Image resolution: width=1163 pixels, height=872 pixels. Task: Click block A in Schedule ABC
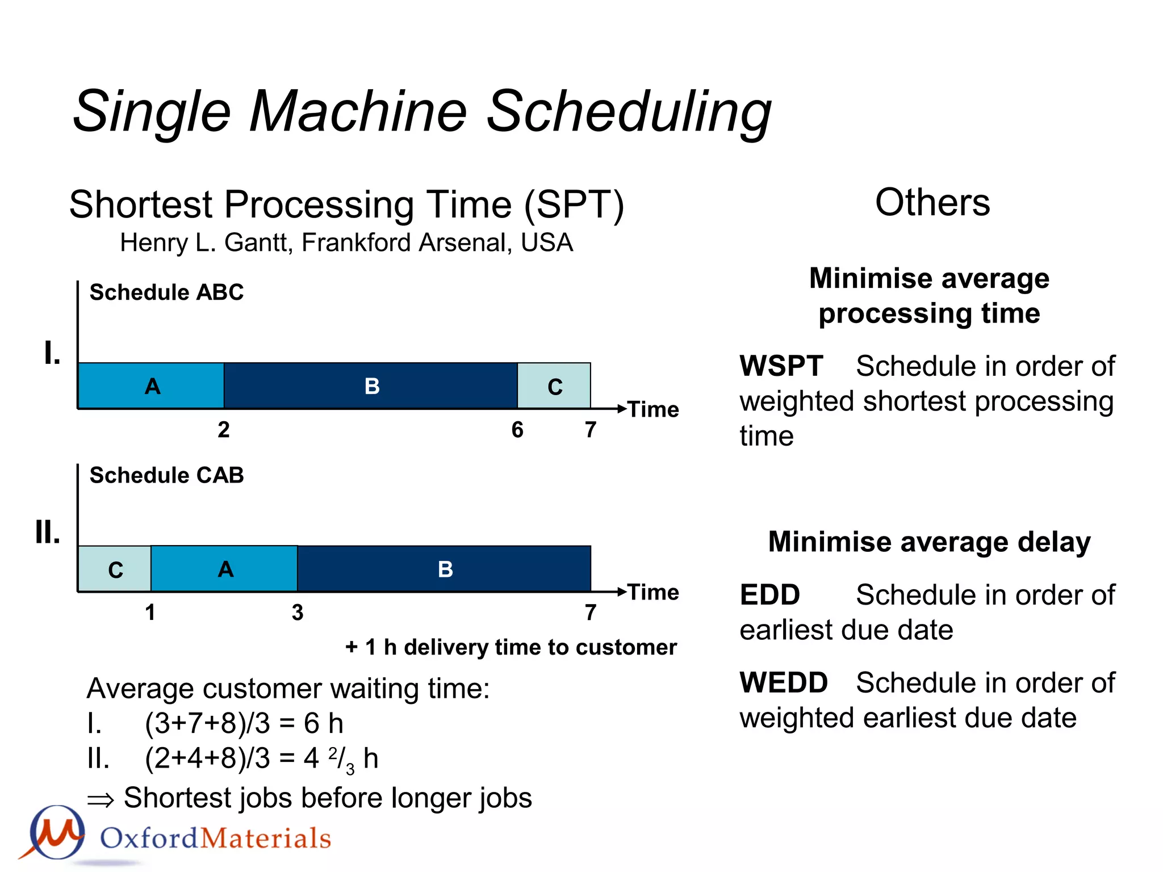click(151, 386)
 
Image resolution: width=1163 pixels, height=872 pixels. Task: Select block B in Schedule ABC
click(371, 386)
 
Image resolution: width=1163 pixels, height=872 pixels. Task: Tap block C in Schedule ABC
click(554, 386)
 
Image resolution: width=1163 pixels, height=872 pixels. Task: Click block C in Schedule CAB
click(115, 569)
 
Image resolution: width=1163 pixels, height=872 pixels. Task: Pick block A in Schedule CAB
click(224, 569)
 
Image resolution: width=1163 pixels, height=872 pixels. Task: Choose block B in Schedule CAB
click(445, 569)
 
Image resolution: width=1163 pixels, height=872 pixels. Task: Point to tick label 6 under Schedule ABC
click(517, 430)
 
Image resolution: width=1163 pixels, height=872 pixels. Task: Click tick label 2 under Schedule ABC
click(224, 430)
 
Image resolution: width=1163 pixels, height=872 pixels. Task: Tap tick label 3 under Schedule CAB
click(297, 613)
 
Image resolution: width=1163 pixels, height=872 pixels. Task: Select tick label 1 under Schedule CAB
click(150, 613)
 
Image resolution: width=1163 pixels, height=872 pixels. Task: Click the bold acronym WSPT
click(781, 366)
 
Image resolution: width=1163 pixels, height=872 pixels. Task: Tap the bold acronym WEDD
click(783, 682)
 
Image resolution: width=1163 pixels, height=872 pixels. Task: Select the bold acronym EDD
click(769, 595)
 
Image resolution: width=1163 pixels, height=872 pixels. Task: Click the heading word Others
click(932, 202)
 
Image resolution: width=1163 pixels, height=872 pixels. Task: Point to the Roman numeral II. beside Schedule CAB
click(47, 533)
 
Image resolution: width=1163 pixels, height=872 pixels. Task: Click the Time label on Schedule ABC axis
click(653, 409)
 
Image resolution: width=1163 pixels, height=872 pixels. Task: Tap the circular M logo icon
click(57, 832)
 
